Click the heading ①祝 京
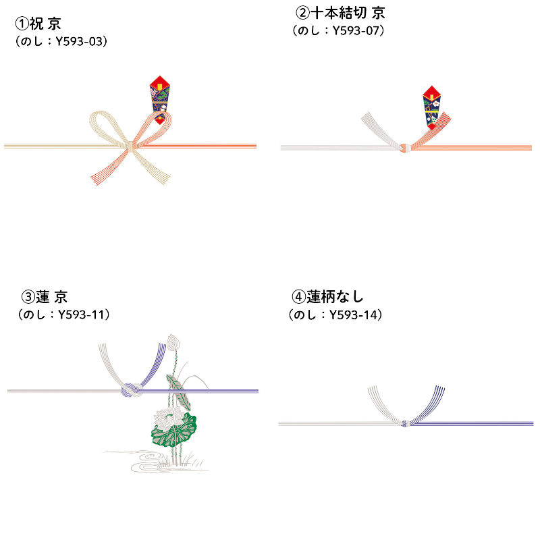tap(38, 24)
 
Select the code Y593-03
tap(79, 42)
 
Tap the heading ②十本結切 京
tap(340, 13)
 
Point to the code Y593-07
tap(356, 31)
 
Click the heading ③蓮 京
tap(44, 297)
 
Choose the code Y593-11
tap(81, 315)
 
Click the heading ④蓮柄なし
tap(327, 297)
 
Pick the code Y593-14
tap(353, 315)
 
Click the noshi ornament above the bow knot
tap(160, 100)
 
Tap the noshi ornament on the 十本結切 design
tap(432, 107)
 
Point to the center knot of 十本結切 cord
tap(406, 148)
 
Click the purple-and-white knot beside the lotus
tap(132, 391)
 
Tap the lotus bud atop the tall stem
tap(173, 343)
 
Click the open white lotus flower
tap(169, 417)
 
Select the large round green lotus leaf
tap(174, 431)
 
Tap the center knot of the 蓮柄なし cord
tap(406, 423)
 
